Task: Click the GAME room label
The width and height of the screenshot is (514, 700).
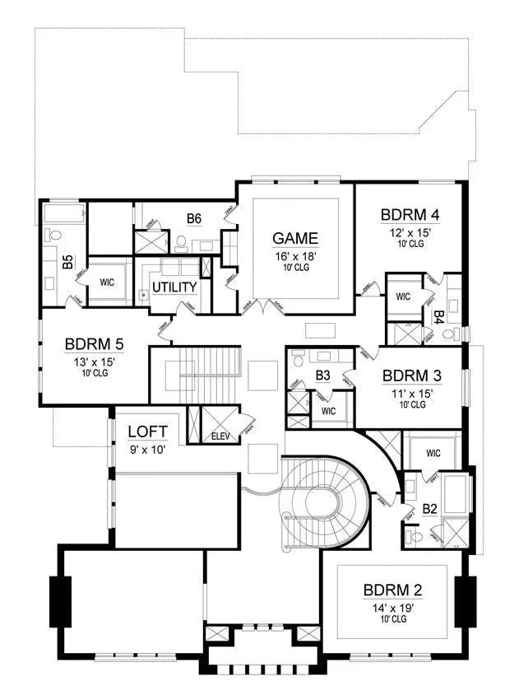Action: [295, 239]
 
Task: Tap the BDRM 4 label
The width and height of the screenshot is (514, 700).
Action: [410, 216]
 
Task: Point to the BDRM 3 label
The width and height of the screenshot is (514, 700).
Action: [412, 376]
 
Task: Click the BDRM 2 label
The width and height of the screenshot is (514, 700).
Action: [393, 590]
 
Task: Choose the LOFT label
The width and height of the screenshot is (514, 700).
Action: [148, 432]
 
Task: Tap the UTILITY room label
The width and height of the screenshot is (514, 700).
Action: [174, 287]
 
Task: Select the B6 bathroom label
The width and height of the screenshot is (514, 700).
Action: [194, 219]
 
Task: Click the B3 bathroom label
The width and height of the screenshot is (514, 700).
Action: [323, 376]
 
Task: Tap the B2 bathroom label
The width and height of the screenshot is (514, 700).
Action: [429, 510]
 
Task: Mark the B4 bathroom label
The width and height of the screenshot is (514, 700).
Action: [439, 315]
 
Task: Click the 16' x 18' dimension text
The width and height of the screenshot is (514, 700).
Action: [295, 256]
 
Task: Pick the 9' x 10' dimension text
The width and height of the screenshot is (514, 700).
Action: [148, 449]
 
